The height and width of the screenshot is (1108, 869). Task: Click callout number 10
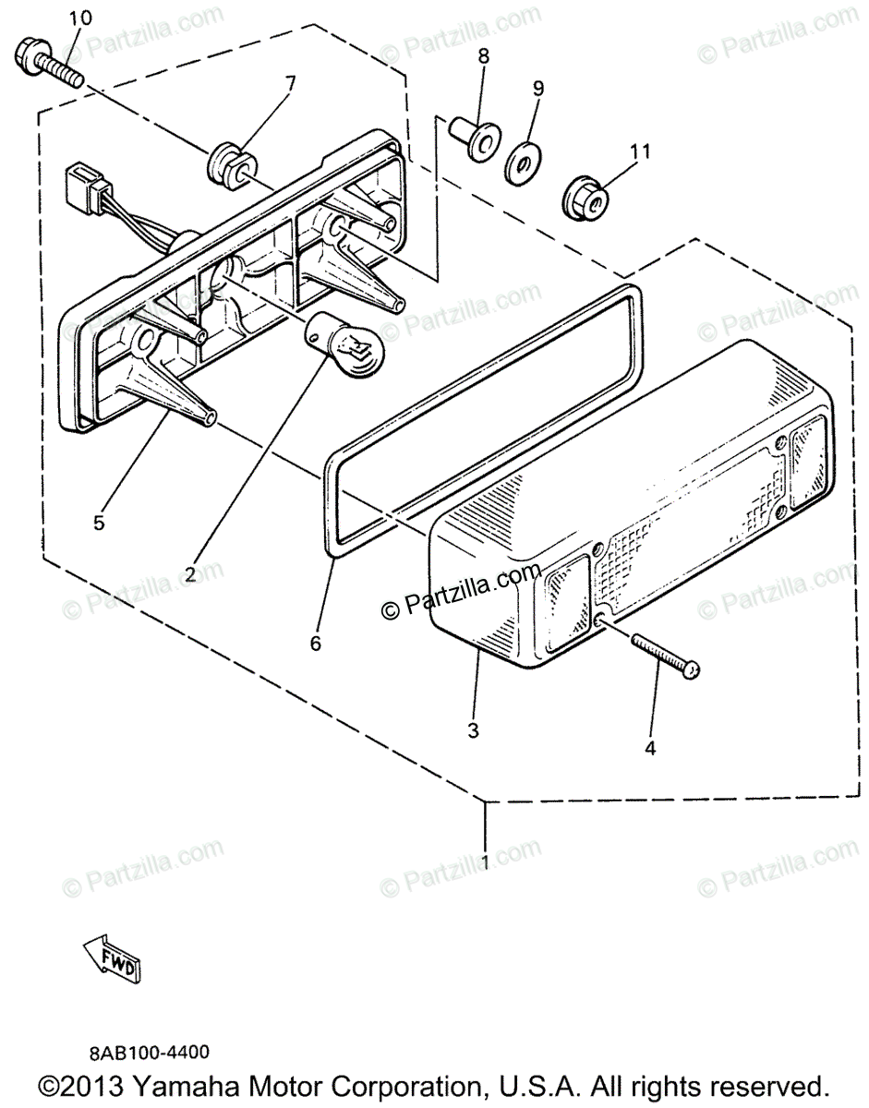[x=80, y=18]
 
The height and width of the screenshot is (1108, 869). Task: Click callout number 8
[x=483, y=58]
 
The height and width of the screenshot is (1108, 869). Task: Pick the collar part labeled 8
[x=472, y=138]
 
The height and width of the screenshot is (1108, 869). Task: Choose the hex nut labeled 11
[x=585, y=195]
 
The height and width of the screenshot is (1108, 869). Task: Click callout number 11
[x=641, y=150]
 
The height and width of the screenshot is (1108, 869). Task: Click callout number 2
[x=189, y=573]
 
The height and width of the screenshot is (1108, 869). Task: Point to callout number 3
[x=473, y=731]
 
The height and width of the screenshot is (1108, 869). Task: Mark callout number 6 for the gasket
[x=316, y=644]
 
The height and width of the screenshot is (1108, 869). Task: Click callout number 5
[x=98, y=522]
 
